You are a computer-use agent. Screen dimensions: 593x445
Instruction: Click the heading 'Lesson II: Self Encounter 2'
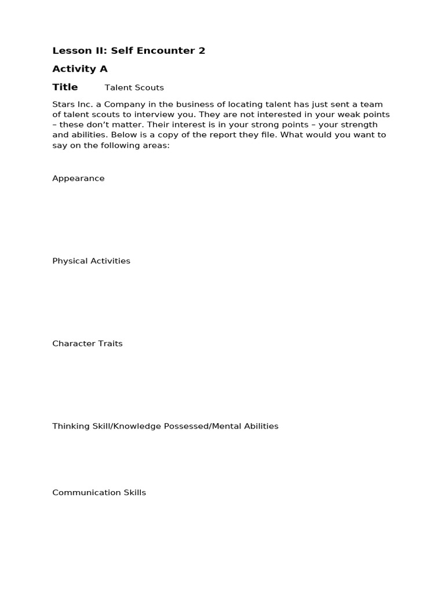[129, 50]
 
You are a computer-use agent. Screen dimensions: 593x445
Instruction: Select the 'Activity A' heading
[80, 69]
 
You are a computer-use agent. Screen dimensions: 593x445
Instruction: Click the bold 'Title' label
[65, 87]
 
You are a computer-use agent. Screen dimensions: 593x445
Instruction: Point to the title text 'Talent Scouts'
[134, 87]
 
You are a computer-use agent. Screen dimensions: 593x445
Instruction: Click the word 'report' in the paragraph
[223, 135]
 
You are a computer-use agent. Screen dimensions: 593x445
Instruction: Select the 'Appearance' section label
[78, 178]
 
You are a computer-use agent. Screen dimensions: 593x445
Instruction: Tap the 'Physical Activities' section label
[91, 261]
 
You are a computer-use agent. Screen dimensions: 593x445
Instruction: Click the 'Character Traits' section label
[87, 343]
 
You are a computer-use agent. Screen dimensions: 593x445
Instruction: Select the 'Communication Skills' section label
[99, 493]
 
